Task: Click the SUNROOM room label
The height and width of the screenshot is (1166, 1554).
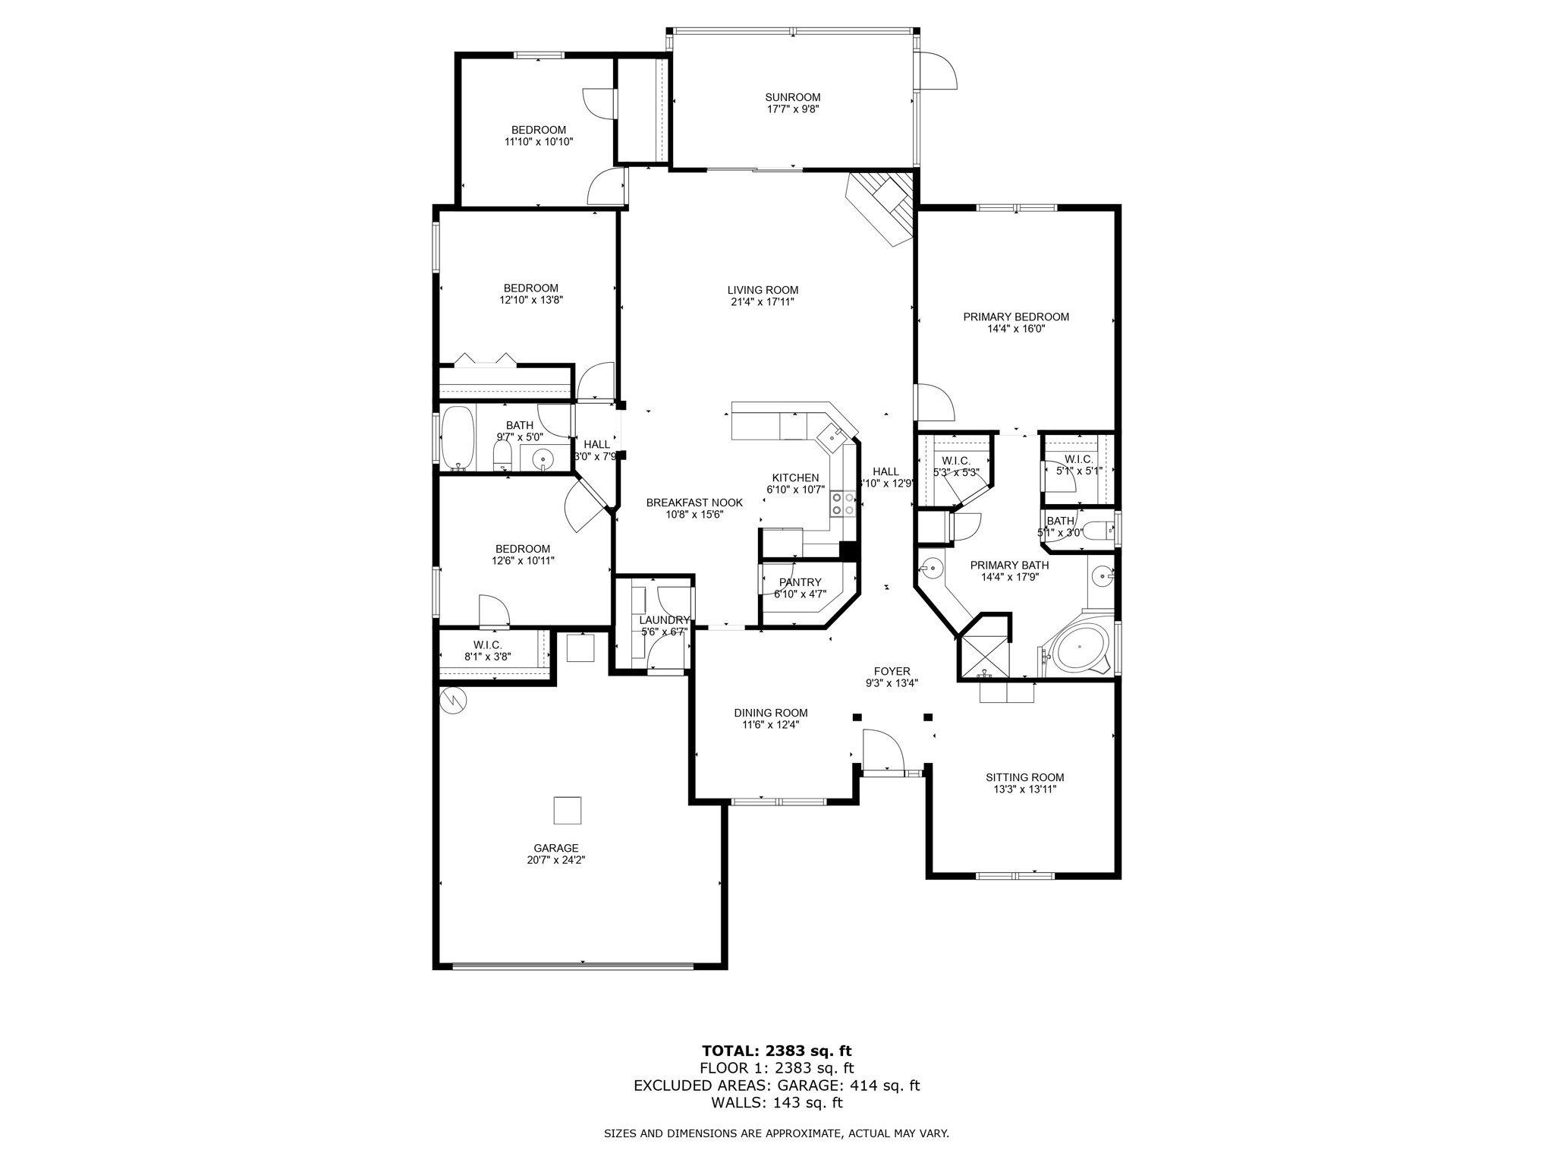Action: click(792, 97)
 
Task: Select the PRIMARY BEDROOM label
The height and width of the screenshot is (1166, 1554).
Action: click(1016, 317)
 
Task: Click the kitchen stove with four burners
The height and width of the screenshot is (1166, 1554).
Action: click(843, 504)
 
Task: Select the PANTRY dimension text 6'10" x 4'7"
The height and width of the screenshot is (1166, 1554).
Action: click(801, 594)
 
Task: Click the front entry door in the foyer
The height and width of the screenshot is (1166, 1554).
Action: click(882, 752)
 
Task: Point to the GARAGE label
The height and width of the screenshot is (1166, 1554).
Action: click(555, 848)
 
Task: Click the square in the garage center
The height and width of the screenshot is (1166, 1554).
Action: click(567, 810)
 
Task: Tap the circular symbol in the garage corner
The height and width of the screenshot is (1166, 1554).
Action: click(454, 700)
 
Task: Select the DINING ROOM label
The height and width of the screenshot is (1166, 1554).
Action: click(770, 713)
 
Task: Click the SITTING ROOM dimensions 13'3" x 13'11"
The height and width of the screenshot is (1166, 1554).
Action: click(1024, 789)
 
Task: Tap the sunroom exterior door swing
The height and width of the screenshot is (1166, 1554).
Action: click(938, 72)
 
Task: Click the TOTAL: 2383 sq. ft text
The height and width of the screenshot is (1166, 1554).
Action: click(776, 1051)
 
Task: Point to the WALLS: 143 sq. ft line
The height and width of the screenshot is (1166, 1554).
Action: click(776, 1103)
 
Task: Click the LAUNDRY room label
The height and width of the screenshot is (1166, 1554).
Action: click(664, 620)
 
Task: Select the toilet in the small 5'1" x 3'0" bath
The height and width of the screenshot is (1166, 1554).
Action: click(1096, 530)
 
